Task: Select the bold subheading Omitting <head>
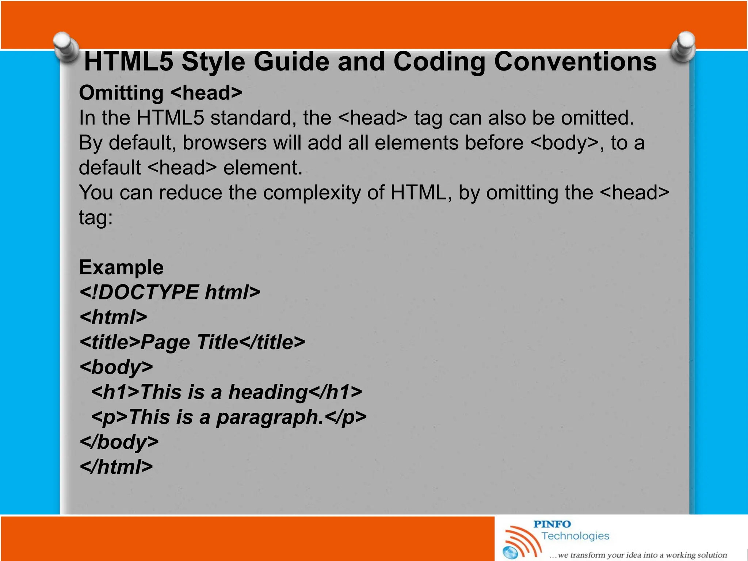[160, 93]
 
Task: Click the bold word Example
[121, 267]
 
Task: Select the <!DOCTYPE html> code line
[170, 292]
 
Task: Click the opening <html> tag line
[114, 317]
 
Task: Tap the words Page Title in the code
[189, 342]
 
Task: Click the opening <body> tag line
[116, 367]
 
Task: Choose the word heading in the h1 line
[268, 392]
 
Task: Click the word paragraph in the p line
[270, 417]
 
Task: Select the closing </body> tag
[119, 442]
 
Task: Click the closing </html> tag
[116, 467]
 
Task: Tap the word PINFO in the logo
[552, 524]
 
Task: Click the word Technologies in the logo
[575, 536]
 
